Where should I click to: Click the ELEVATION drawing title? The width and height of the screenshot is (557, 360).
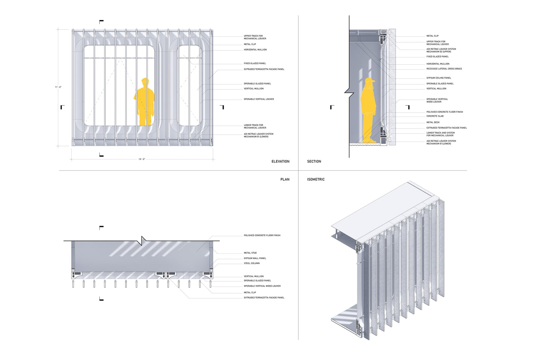click(280, 161)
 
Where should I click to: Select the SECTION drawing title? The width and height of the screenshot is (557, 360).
click(314, 161)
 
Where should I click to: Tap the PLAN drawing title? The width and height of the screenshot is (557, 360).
click(285, 179)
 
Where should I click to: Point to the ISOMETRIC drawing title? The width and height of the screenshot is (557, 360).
click(316, 179)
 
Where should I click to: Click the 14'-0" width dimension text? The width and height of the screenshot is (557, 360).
click(142, 159)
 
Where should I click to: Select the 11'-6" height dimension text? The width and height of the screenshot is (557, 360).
click(58, 87)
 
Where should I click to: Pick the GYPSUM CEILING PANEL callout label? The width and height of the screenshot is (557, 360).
click(438, 78)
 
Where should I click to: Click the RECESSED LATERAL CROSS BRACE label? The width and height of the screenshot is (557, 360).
click(444, 69)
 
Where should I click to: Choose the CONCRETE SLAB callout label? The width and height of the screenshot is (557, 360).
click(435, 116)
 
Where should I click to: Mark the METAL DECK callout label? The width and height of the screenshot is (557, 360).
click(433, 122)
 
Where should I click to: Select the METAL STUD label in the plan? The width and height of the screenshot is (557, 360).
click(250, 253)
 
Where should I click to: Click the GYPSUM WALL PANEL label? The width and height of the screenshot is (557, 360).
click(255, 258)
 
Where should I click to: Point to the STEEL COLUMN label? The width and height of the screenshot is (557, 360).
click(251, 263)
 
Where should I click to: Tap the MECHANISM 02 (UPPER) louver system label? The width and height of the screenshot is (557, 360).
click(441, 50)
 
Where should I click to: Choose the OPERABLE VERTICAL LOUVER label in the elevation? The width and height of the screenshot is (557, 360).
click(259, 99)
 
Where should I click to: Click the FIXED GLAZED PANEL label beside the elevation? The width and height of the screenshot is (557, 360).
click(255, 63)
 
